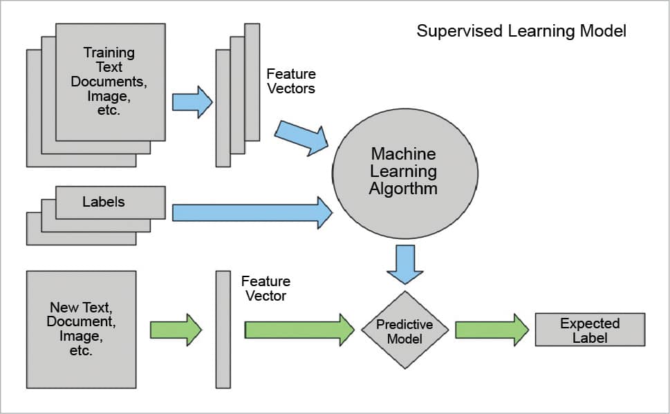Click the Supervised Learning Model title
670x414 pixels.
[521, 31]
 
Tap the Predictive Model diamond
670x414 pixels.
[404, 331]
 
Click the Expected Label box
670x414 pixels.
[590, 330]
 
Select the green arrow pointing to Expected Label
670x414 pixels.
[492, 330]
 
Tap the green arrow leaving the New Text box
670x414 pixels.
[176, 330]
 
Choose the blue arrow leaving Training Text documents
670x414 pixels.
[192, 102]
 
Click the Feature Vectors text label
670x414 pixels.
[290, 81]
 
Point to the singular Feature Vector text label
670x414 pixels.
[266, 288]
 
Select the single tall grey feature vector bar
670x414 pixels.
[223, 329]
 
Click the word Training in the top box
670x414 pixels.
[109, 53]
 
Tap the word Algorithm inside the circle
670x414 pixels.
[404, 188]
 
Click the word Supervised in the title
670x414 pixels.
[453, 31]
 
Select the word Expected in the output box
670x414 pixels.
[590, 323]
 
